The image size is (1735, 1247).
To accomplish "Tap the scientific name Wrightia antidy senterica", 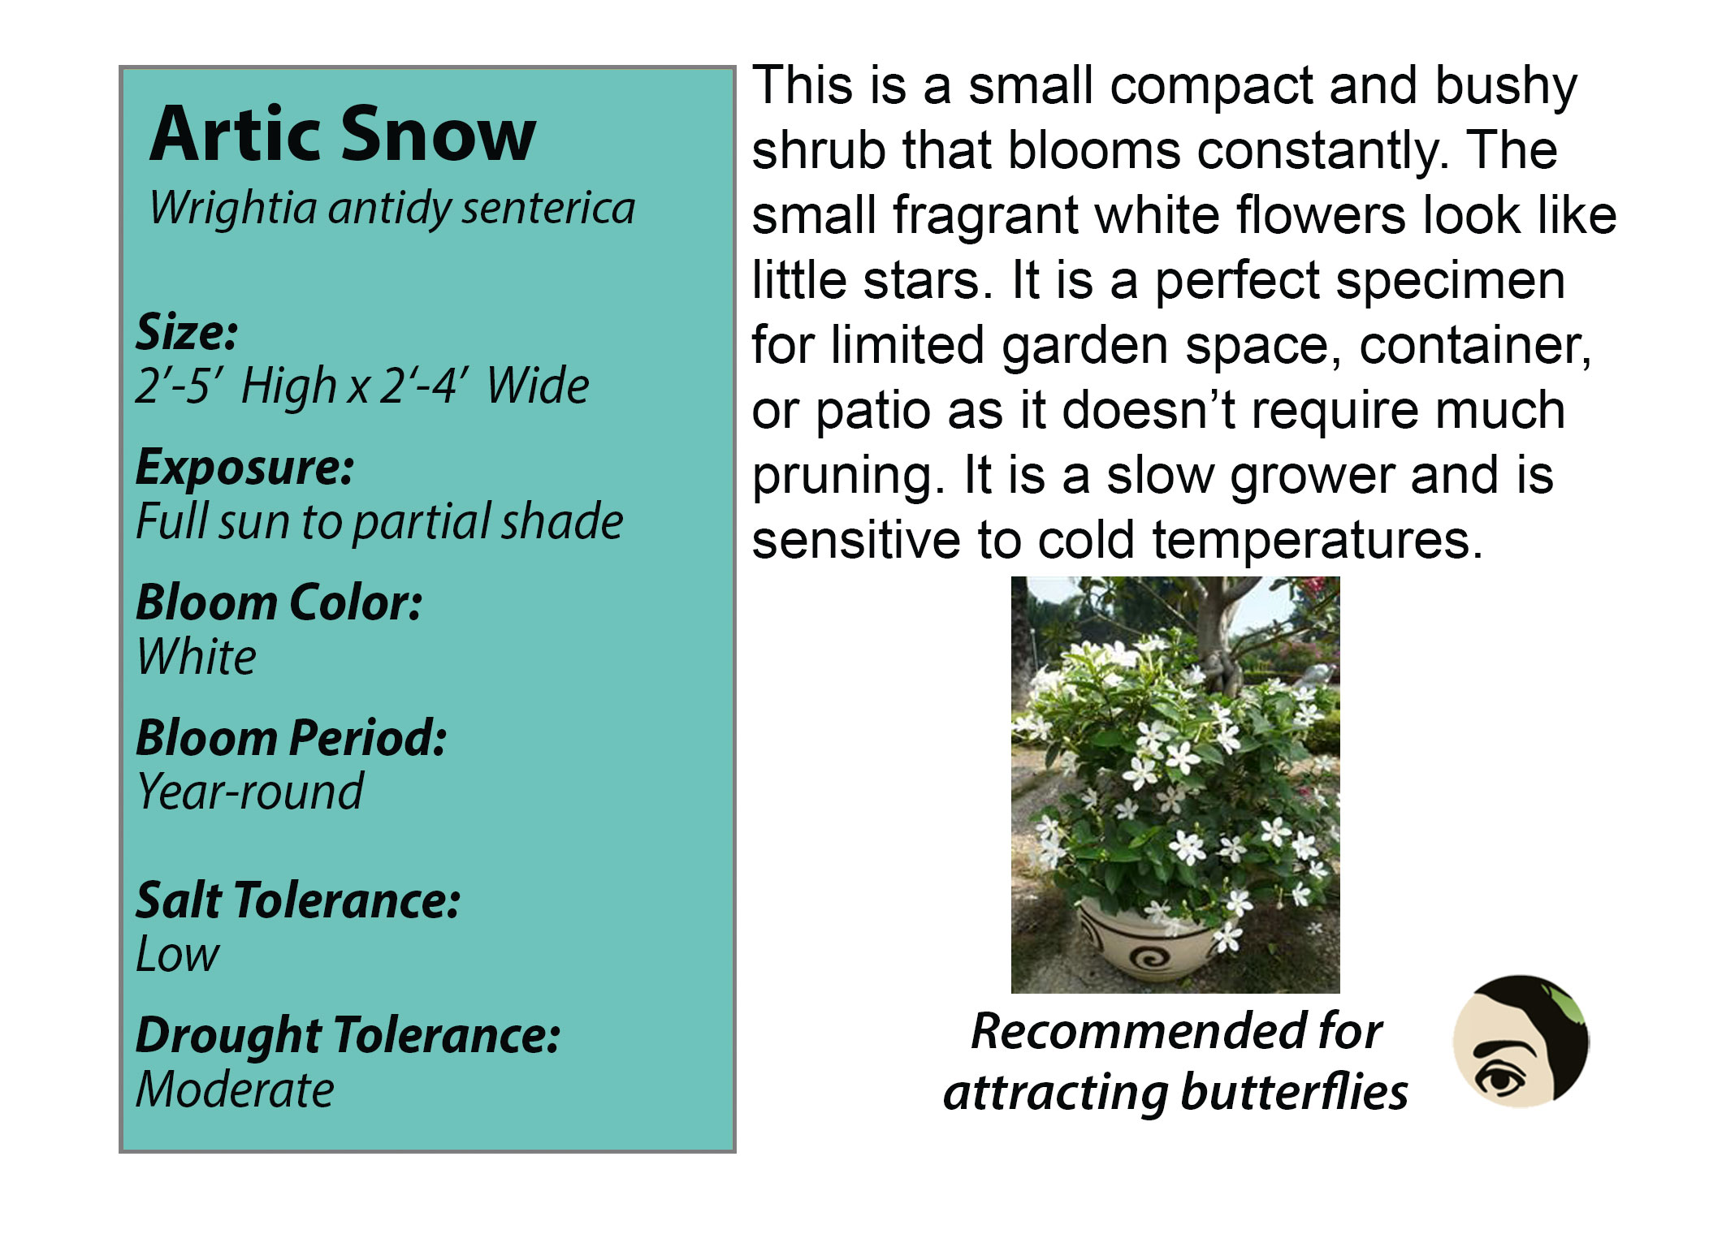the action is point(392,208).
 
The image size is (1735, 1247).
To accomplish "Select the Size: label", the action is point(187,332).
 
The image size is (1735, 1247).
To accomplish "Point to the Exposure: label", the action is point(244,468).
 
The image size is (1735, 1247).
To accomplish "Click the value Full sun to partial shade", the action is point(379,521).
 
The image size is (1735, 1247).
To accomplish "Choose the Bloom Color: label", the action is point(279,602).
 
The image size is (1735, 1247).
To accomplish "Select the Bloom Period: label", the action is point(291,738).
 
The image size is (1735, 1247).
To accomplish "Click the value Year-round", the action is point(249,792).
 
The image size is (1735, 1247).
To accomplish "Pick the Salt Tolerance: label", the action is point(298,900).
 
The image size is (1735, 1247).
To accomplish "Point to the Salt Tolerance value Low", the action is point(177,954).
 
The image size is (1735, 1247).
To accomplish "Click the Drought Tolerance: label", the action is point(348,1036).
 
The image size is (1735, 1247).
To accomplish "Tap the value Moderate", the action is point(235,1090).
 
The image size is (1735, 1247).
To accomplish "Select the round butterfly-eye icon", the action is point(1521,1042).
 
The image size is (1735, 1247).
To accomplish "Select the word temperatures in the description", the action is point(1317,541).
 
